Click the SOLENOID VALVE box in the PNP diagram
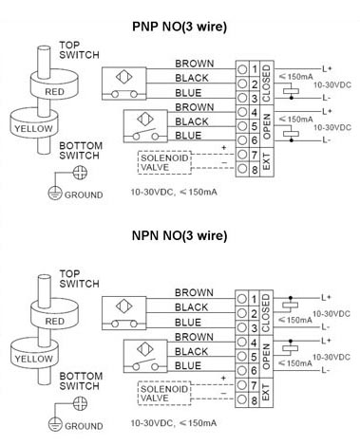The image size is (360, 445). point(162,161)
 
